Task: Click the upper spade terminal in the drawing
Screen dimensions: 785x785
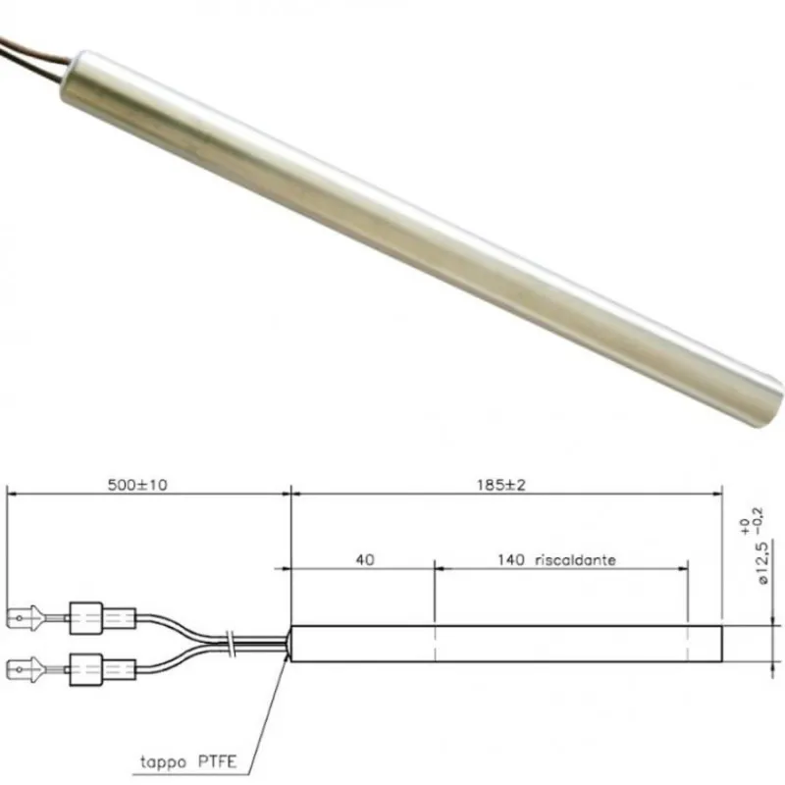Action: pyautogui.click(x=24, y=618)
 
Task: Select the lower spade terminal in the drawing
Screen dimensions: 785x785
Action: pyautogui.click(x=24, y=672)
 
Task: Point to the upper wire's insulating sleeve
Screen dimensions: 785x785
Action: pyautogui.click(x=100, y=618)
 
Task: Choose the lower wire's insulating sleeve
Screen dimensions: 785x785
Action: pyautogui.click(x=100, y=673)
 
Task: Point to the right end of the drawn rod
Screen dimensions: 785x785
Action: pyautogui.click(x=720, y=644)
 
